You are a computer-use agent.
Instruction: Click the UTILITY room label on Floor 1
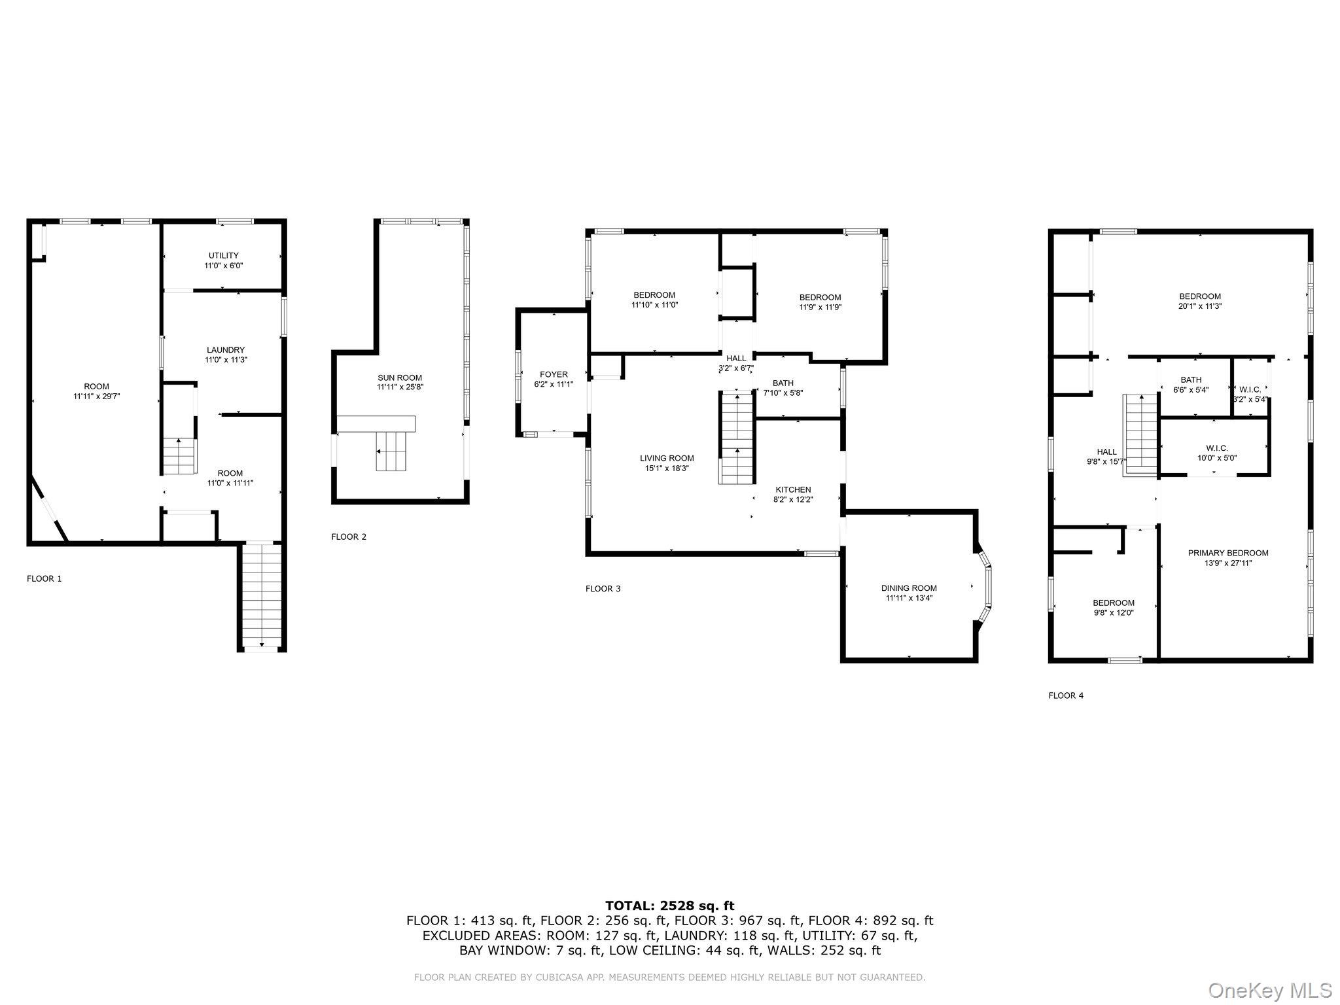(224, 255)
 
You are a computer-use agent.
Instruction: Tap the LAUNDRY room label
(226, 350)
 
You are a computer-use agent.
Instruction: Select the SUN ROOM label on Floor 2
(400, 378)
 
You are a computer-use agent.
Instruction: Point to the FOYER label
(554, 375)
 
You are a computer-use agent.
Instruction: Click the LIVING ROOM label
(667, 458)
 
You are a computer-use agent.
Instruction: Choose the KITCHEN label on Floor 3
(793, 489)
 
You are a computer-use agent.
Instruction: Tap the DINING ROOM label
(909, 588)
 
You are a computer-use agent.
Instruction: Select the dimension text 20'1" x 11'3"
(1200, 306)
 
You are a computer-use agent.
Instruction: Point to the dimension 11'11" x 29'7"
(97, 396)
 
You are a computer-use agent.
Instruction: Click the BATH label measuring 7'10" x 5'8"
(783, 383)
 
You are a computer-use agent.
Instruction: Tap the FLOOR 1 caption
(44, 578)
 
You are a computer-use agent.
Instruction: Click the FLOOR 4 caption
(1066, 696)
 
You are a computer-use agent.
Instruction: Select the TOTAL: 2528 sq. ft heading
(669, 906)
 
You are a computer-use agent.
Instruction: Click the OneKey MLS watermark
(1269, 990)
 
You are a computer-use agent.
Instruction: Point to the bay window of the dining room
(984, 587)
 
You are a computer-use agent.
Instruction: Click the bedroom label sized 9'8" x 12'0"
(1114, 603)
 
